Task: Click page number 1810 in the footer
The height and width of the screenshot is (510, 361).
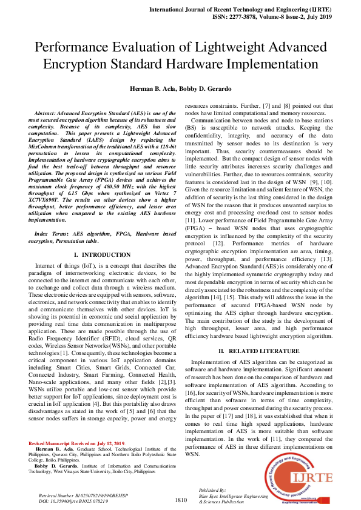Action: click(181, 500)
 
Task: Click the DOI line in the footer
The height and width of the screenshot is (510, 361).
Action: click(73, 501)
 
